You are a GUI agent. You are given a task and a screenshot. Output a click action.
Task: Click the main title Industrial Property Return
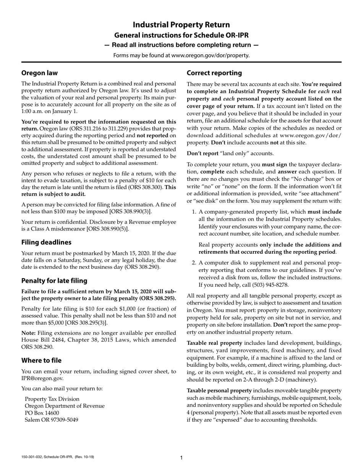[x=181, y=25]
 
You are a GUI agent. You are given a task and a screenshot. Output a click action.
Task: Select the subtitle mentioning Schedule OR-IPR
[x=181, y=36]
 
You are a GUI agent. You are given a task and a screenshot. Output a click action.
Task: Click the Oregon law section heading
[x=39, y=73]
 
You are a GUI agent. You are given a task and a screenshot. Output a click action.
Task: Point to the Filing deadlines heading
[x=46, y=242]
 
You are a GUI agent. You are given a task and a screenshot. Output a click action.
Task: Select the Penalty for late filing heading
[x=54, y=280]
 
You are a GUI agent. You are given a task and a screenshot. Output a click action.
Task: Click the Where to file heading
[x=41, y=360]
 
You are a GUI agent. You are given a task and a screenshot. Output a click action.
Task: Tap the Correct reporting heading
[x=214, y=73]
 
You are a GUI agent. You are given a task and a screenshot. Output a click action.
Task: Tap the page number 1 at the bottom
[x=181, y=458]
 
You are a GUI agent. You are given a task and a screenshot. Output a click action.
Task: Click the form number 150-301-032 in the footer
[x=34, y=457]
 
